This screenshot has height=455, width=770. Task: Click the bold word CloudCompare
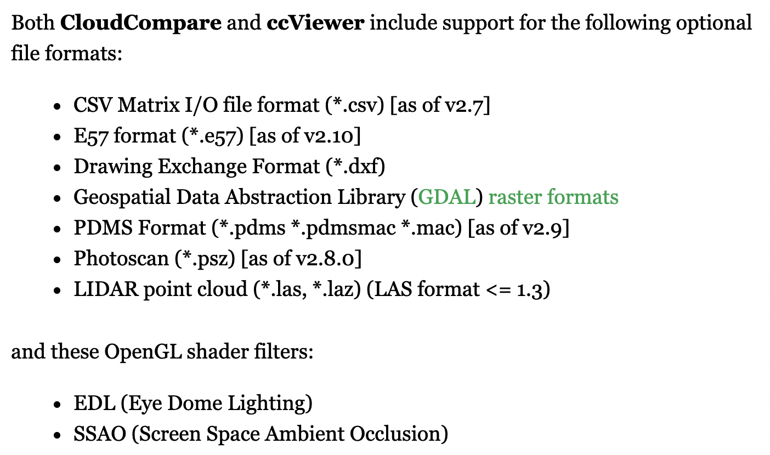141,24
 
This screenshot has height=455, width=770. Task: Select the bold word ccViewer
315,24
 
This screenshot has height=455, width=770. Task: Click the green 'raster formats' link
553,197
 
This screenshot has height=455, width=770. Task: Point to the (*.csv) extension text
354,105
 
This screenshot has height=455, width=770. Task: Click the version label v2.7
465,105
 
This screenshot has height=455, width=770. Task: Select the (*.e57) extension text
213,135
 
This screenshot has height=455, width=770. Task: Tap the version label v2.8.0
331,258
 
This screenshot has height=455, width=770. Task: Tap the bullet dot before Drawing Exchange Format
57,167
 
